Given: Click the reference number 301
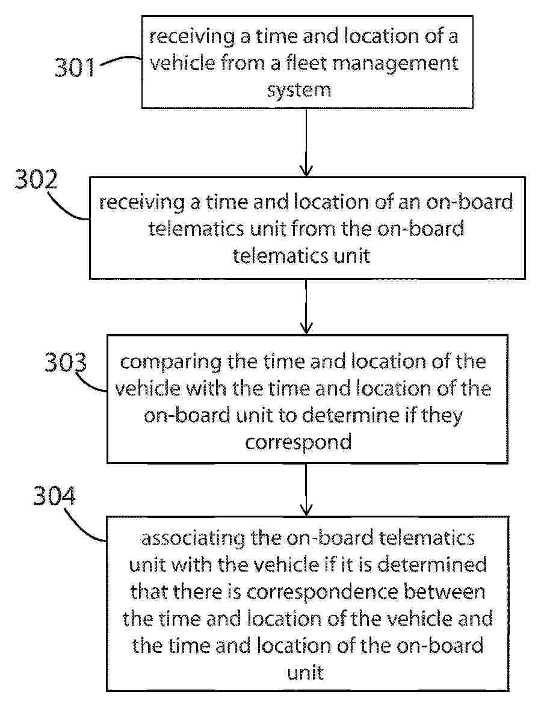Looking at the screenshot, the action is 75,67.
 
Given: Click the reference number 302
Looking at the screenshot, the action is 37,179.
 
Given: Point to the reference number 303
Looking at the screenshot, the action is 66,362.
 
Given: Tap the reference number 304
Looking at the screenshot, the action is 55,496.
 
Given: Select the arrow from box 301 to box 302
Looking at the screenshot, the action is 306,142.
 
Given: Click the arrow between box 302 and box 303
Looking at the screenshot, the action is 306,306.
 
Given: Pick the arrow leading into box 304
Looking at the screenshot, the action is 306,490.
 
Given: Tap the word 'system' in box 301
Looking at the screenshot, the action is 299,90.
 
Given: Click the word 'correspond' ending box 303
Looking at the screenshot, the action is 298,442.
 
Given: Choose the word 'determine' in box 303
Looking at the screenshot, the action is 350,415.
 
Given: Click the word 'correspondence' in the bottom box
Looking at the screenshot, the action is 322,593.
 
